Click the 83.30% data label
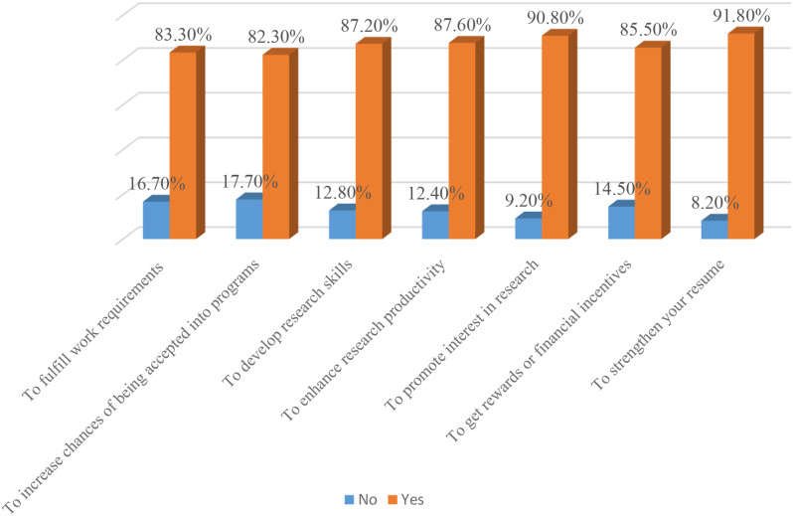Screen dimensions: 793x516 pyautogui.click(x=183, y=35)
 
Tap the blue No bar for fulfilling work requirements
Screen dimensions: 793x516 pyautogui.click(x=156, y=218)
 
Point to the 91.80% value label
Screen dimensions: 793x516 pyautogui.click(x=741, y=16)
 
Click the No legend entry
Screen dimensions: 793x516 pyautogui.click(x=361, y=500)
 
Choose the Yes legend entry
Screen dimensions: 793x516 pyautogui.click(x=405, y=500)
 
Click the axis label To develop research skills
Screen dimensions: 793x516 pyautogui.click(x=287, y=323)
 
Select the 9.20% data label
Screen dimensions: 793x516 pyautogui.click(x=529, y=202)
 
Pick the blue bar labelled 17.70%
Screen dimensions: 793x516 pyautogui.click(x=249, y=217)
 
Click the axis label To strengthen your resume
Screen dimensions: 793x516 pyautogui.click(x=659, y=324)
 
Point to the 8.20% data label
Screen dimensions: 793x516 pyautogui.click(x=714, y=203)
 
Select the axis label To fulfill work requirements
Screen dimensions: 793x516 pyautogui.click(x=93, y=332)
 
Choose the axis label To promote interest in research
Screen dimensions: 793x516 pyautogui.click(x=462, y=335)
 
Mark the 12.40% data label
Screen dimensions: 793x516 pyautogui.click(x=436, y=193)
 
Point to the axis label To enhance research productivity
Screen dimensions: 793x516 pyautogui.click(x=363, y=340)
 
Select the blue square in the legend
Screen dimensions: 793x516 pyautogui.click(x=349, y=500)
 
